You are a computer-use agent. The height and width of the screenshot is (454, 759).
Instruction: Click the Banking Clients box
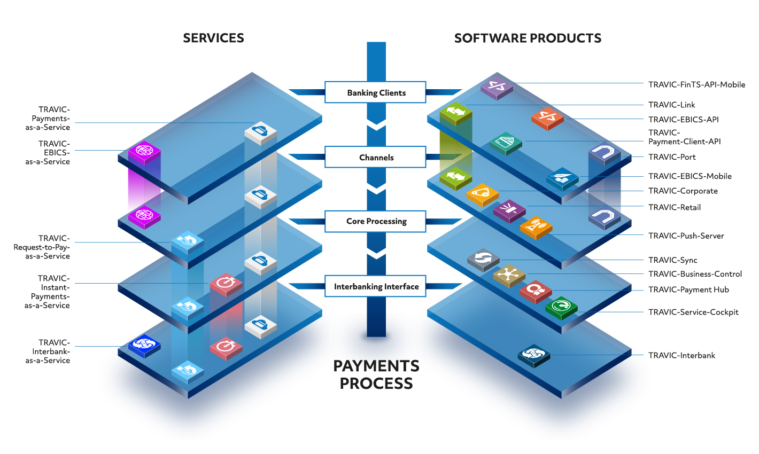tap(375, 92)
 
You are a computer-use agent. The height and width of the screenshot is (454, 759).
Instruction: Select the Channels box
tap(375, 156)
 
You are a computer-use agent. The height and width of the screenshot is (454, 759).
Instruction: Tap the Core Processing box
tap(375, 222)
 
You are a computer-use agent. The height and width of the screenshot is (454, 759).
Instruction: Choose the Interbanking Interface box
tap(375, 286)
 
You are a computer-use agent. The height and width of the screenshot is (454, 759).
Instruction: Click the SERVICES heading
tap(213, 38)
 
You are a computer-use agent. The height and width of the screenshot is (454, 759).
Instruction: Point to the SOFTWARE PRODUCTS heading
tap(528, 38)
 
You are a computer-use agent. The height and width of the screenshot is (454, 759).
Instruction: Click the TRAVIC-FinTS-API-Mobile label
tap(696, 84)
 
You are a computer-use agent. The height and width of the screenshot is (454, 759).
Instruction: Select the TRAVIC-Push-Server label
tap(686, 236)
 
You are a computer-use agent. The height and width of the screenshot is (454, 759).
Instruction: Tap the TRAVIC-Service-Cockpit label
tap(693, 312)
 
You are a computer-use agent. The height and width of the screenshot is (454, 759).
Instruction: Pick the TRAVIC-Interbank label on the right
tap(681, 356)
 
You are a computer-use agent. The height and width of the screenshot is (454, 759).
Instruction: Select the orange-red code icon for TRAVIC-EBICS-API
tap(547, 118)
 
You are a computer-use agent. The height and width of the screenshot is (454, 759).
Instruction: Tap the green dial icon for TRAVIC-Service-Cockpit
tap(561, 308)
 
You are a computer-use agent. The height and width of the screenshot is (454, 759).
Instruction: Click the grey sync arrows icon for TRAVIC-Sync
tap(483, 260)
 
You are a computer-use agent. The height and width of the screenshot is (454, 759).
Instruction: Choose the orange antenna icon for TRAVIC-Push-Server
tap(536, 228)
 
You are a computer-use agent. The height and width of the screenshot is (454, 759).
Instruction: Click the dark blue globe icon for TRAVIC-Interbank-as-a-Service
tap(144, 346)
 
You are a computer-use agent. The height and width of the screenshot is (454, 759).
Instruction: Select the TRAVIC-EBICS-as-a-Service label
tap(48, 153)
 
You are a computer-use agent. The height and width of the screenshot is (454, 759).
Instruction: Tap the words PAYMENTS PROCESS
tap(376, 375)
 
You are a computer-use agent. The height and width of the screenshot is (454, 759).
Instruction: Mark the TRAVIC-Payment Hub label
tap(688, 290)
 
